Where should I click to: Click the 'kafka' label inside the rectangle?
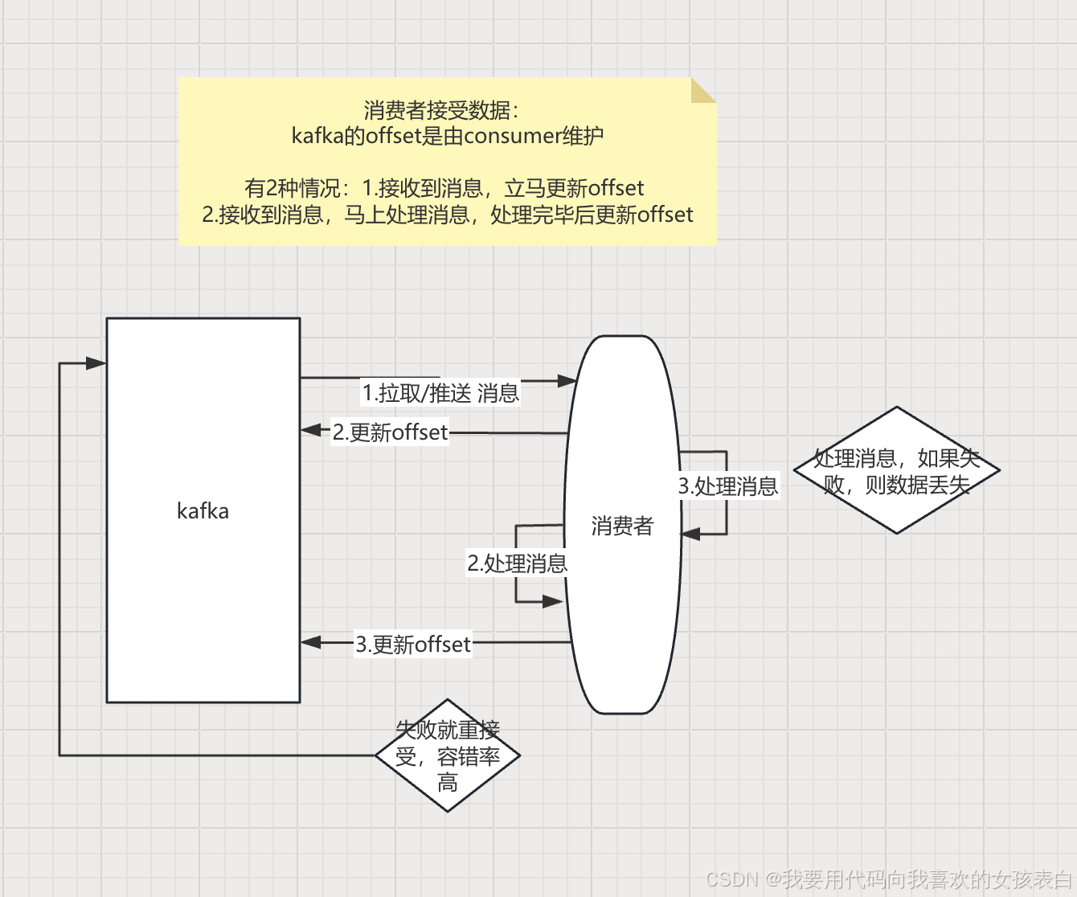(x=203, y=511)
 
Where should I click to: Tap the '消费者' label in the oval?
(x=622, y=526)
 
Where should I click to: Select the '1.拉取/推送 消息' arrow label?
(x=440, y=393)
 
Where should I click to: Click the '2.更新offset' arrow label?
(x=390, y=432)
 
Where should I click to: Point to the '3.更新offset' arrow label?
(x=413, y=645)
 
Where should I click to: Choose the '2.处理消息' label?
(x=517, y=563)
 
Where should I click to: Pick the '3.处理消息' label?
(x=728, y=486)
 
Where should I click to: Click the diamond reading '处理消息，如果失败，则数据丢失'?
(x=896, y=471)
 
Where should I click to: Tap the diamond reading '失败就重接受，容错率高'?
(x=448, y=756)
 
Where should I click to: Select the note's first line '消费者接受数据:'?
(x=441, y=110)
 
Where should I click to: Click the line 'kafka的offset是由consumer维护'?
(x=447, y=136)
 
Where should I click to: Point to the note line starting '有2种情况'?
(x=444, y=188)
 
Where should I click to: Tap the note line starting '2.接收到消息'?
(x=447, y=215)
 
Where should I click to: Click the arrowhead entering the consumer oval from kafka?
(x=567, y=380)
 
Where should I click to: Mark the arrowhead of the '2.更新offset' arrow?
(x=310, y=430)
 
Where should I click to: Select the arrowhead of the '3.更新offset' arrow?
(x=310, y=642)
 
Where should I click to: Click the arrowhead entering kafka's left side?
(x=96, y=363)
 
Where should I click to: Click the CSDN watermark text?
(x=888, y=879)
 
